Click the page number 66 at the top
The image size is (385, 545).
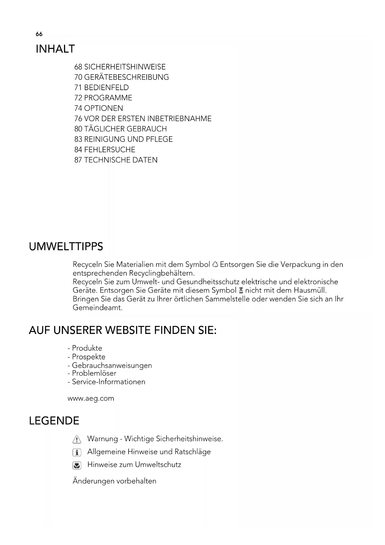coord(39,34)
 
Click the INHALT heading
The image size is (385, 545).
coord(55,49)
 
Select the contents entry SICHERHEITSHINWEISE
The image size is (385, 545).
coord(125,67)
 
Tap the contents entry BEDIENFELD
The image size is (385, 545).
coord(106,88)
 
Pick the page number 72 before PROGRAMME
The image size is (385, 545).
coord(78,98)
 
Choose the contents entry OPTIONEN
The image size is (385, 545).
coord(103,108)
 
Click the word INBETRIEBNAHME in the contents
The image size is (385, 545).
coord(179,119)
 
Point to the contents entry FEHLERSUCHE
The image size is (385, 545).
coord(110,150)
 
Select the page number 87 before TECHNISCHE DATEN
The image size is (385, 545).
coord(78,160)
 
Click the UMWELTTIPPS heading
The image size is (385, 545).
coord(66,247)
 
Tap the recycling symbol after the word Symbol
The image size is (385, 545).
coord(215,265)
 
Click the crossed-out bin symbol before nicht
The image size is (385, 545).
coord(241,291)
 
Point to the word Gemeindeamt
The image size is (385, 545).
coord(97,308)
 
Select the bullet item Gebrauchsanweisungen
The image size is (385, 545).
coord(112,365)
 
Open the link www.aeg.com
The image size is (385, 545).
coord(91,398)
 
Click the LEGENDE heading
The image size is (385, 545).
coord(54,421)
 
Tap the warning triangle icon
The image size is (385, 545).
coord(77,439)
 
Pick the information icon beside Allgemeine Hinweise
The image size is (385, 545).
coord(77,452)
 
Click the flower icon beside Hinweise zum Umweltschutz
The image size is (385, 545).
coord(77,465)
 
